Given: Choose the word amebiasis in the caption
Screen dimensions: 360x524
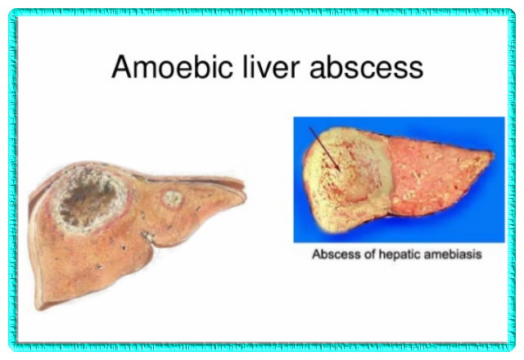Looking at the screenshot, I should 451,254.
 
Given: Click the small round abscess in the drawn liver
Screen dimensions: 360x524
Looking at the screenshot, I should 172,197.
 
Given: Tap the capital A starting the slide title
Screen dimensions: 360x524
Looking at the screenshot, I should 120,67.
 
